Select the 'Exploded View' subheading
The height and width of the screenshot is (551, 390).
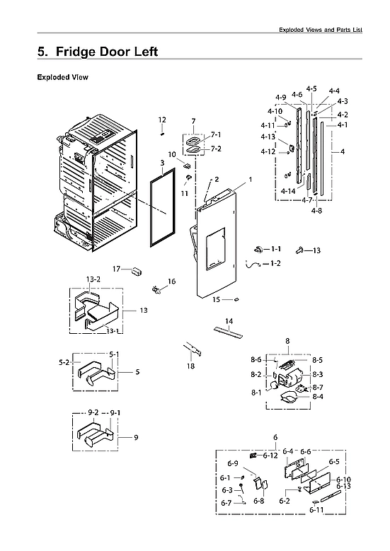click(x=62, y=77)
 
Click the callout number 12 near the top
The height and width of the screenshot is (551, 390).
click(x=162, y=120)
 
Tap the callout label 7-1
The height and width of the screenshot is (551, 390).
click(x=215, y=134)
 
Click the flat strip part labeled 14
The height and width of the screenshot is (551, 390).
click(x=227, y=332)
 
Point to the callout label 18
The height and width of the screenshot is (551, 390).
click(x=190, y=366)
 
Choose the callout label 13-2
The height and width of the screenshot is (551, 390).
click(x=93, y=280)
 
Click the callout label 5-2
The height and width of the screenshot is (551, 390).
click(x=63, y=362)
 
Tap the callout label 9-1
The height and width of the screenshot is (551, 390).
click(x=114, y=412)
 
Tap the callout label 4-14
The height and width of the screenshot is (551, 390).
click(x=287, y=192)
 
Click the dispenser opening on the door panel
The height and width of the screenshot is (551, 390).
click(x=214, y=250)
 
